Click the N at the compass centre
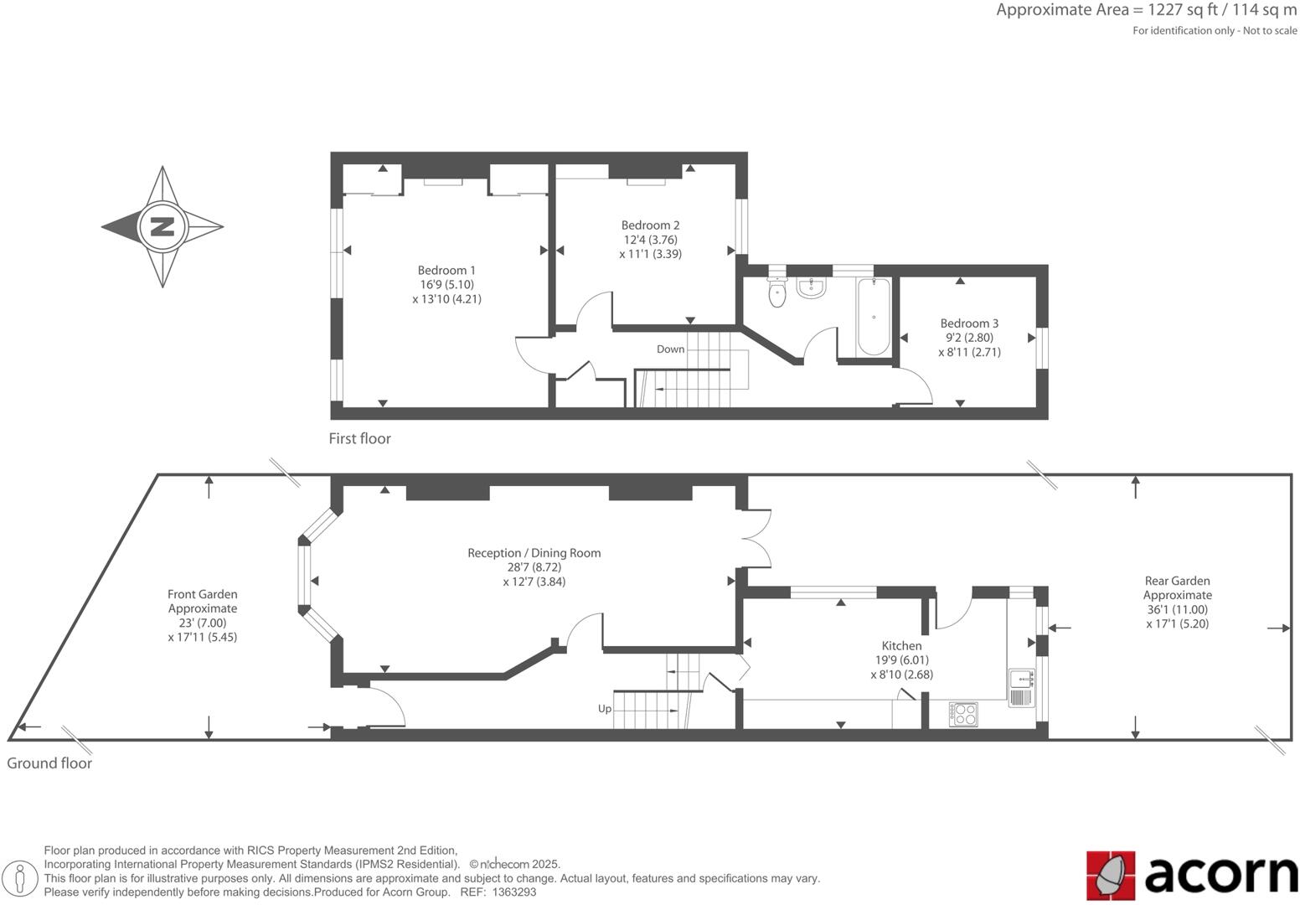pyautogui.click(x=162, y=226)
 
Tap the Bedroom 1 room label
pyautogui.click(x=446, y=270)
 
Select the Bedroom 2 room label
pyautogui.click(x=650, y=225)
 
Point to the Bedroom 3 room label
pyautogui.click(x=969, y=323)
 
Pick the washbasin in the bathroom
pyautogui.click(x=811, y=287)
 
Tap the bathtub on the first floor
pyautogui.click(x=874, y=318)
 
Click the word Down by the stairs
pyautogui.click(x=670, y=349)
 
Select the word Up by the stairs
pyautogui.click(x=605, y=709)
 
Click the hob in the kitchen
pyautogui.click(x=963, y=714)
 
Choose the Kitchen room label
pyautogui.click(x=901, y=645)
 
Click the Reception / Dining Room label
pyautogui.click(x=534, y=553)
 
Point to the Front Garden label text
pyautogui.click(x=202, y=594)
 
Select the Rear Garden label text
pyautogui.click(x=1177, y=581)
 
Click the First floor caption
pyautogui.click(x=359, y=438)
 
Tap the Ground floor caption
pyautogui.click(x=49, y=763)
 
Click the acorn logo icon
pyautogui.click(x=1111, y=875)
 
